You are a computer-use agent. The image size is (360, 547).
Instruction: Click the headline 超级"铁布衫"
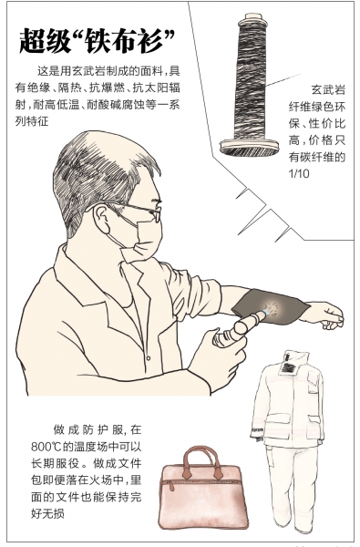click(97, 40)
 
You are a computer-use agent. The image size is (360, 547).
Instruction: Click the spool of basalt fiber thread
click(250, 85)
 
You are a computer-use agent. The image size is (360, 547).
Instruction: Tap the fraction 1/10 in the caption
click(299, 173)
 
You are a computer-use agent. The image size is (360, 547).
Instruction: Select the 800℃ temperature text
click(46, 447)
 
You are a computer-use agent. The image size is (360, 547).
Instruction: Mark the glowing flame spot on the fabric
click(271, 309)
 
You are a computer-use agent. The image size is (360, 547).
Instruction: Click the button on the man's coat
click(149, 358)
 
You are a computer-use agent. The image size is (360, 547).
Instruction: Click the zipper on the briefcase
click(201, 482)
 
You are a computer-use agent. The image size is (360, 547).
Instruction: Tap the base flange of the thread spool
click(249, 147)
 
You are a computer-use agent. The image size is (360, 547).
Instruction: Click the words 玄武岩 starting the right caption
click(328, 89)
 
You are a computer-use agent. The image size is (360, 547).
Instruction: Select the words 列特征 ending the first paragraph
click(32, 121)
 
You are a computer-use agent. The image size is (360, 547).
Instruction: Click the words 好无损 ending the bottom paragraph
click(47, 513)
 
